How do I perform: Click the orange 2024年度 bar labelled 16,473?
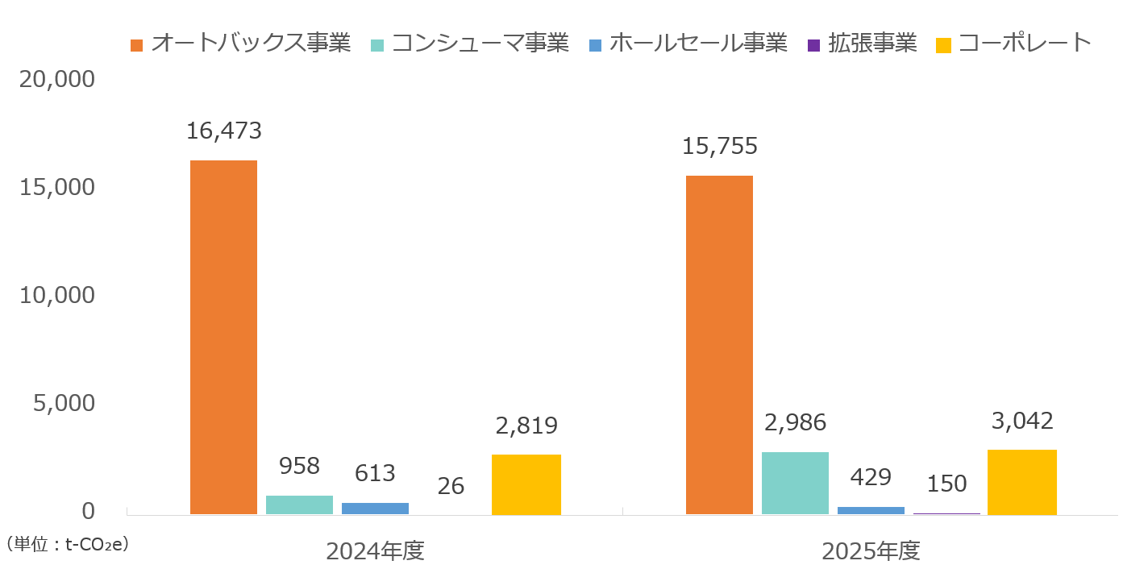[223, 338]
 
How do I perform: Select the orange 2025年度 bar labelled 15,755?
[719, 345]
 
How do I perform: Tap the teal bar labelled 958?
[299, 505]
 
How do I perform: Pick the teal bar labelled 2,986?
[795, 484]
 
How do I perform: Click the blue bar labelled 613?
[375, 509]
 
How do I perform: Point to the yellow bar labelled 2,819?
[526, 484]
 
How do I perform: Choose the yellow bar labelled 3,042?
[1022, 482]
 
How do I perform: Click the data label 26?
[451, 486]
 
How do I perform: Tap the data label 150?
[946, 484]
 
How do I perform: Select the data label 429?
[871, 477]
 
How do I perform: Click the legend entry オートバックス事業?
[240, 43]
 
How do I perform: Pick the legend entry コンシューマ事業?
[470, 43]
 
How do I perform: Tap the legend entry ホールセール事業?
[688, 43]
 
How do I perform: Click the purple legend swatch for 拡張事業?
[813, 46]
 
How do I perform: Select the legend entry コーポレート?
[1013, 43]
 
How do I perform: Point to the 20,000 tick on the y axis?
[57, 79]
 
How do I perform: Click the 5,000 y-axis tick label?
[64, 403]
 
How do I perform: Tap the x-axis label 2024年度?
[375, 551]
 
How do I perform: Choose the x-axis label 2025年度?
[871, 551]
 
